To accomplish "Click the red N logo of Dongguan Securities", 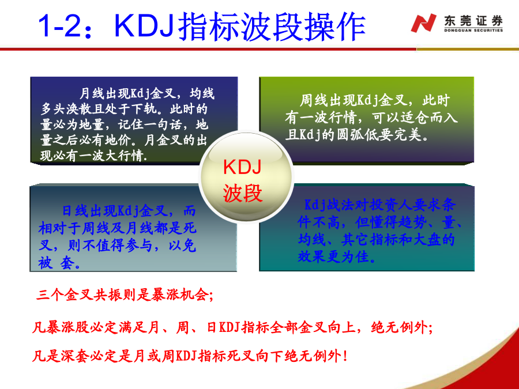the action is coord(423,23).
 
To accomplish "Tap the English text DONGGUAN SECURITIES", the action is coord(473,31).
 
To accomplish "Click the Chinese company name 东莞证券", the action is coord(473,21).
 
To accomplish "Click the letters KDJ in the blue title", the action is coord(144,25).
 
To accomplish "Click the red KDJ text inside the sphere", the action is coord(242,167).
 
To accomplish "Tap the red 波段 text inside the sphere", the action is coord(243,193).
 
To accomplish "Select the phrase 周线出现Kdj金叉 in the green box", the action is coord(352,100).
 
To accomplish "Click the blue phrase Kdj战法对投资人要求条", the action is coord(380,205).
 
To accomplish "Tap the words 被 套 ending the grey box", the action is coord(59,263).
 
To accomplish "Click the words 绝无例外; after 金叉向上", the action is coord(401,327).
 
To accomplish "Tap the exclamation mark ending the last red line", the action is coord(345,356).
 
